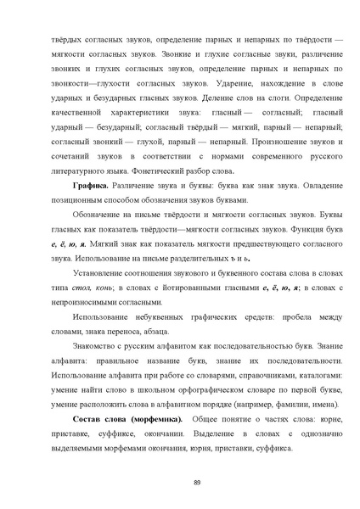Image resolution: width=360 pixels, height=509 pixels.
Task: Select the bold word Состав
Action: click(65, 422)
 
